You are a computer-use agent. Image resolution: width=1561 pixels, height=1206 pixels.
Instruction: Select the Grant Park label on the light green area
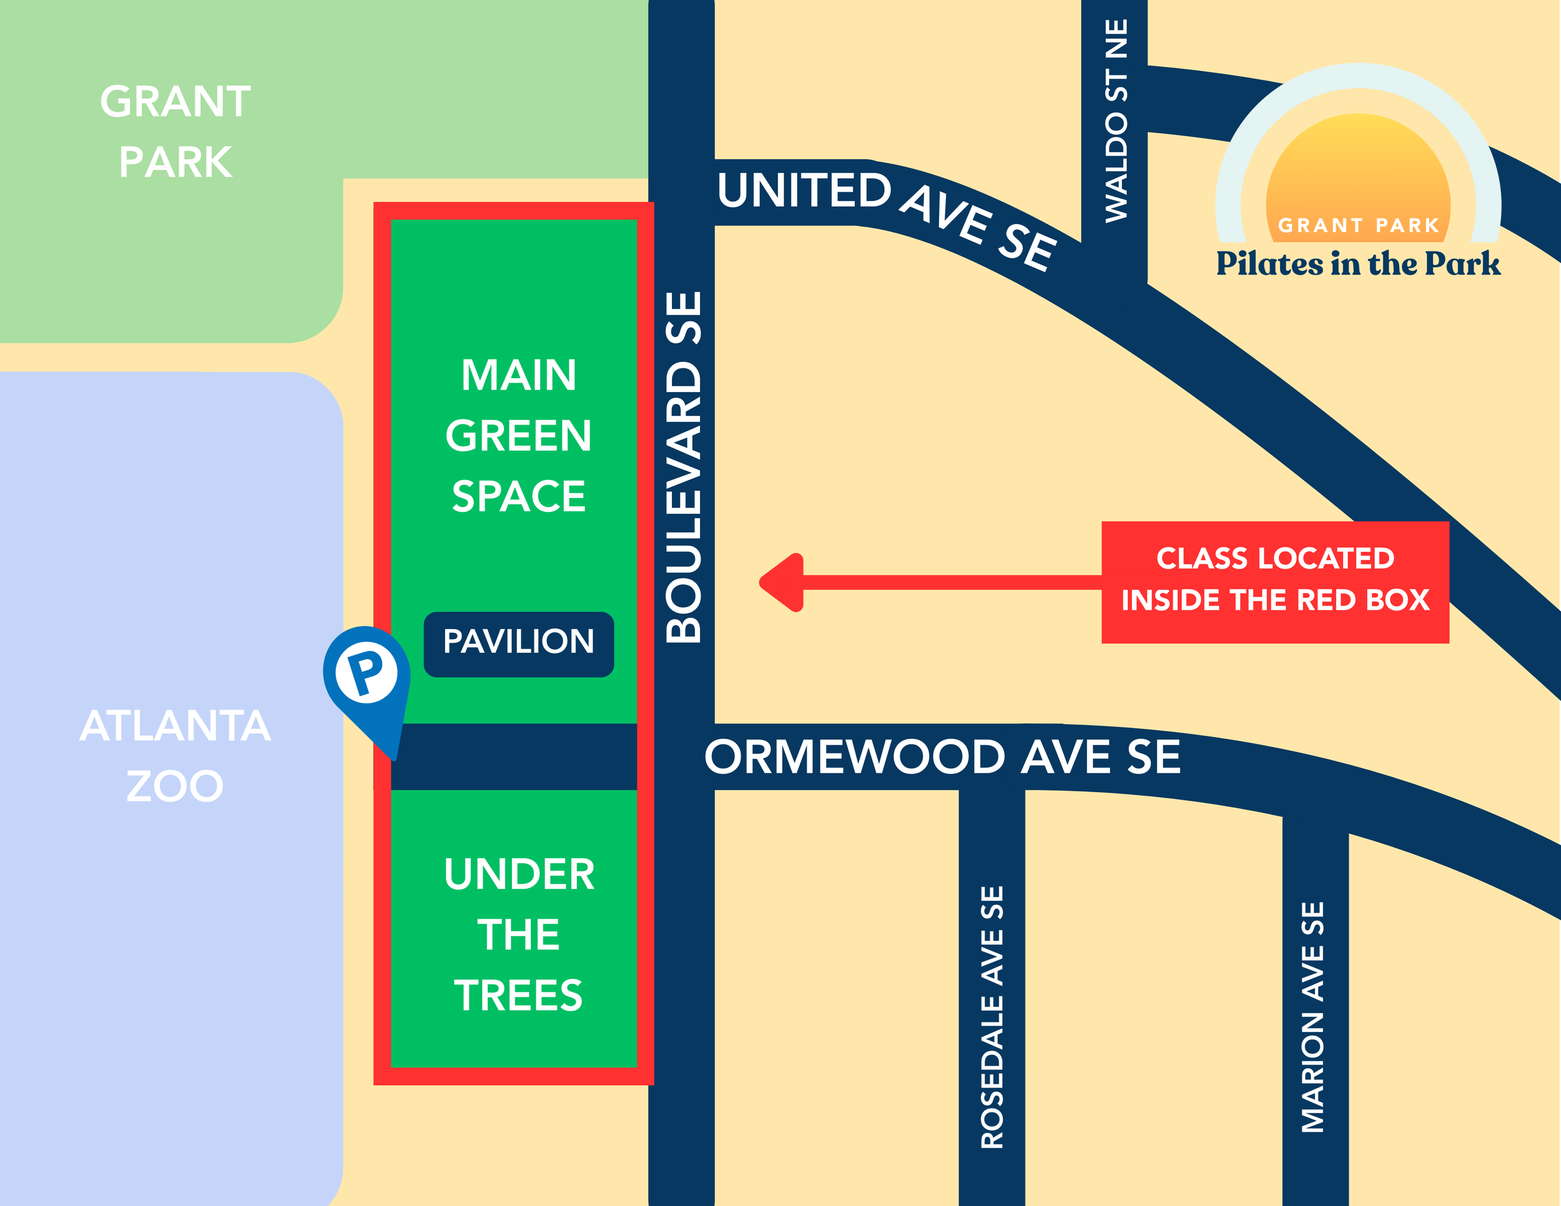175,132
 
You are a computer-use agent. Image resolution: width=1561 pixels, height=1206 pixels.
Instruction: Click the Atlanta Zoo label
175,755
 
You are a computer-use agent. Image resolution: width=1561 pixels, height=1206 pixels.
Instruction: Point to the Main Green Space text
518,436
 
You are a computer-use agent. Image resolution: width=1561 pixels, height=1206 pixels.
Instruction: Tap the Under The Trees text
518,934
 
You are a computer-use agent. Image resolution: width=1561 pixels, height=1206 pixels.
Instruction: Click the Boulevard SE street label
683,468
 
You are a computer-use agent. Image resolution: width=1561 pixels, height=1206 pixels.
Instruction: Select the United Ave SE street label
886,214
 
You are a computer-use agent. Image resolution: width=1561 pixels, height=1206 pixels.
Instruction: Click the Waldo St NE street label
1116,122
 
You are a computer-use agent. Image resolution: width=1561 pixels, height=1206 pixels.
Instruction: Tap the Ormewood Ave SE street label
942,757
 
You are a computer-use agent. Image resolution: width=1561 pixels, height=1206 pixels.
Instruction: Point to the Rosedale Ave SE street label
992,1017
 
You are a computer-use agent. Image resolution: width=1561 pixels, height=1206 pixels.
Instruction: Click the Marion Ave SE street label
1312,1017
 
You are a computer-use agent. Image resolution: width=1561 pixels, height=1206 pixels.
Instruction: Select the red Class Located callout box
1274,582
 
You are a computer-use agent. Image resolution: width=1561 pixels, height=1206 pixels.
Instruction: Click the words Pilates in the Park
1357,263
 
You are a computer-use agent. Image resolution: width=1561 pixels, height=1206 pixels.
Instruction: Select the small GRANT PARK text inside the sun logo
1357,226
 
